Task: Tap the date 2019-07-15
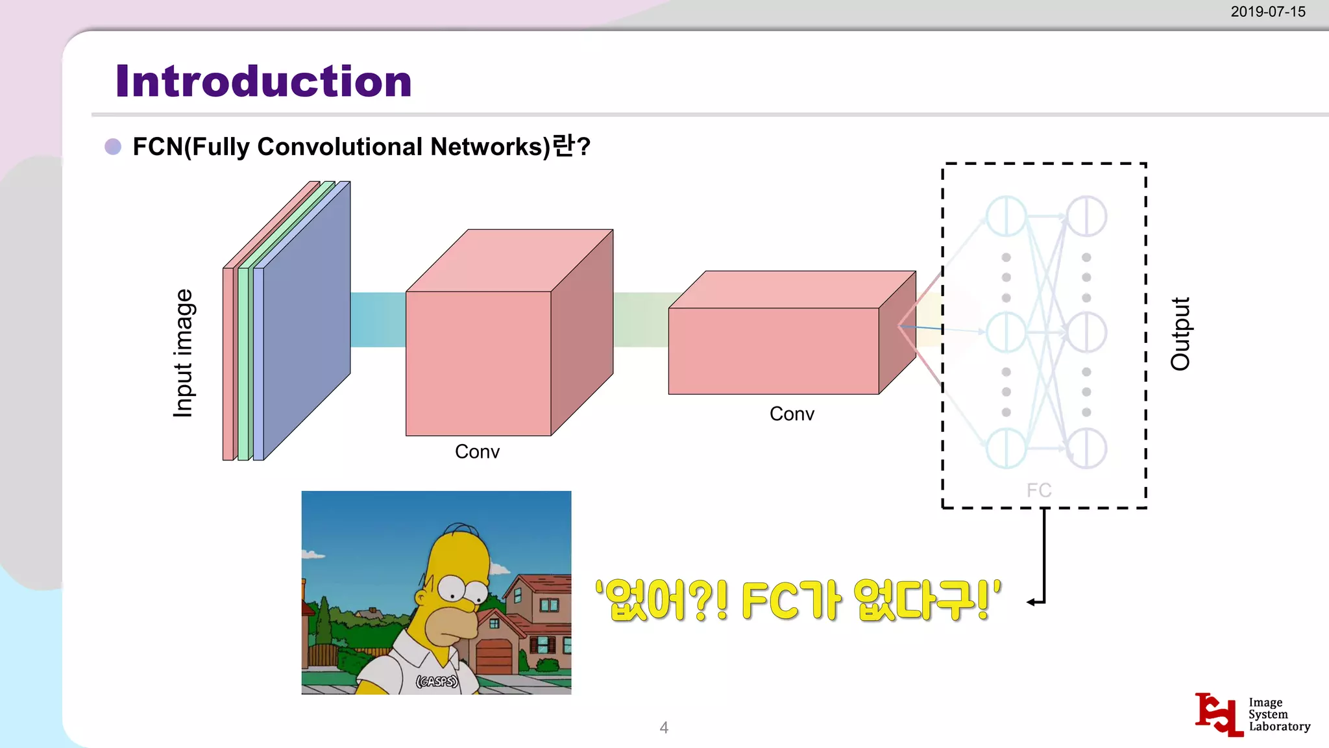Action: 1267,12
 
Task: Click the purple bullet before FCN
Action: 113,147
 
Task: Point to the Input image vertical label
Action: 184,353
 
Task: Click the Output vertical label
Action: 1180,334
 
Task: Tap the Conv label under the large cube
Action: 477,451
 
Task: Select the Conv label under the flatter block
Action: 792,414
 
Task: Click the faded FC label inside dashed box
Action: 1038,490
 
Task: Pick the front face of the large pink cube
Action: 478,364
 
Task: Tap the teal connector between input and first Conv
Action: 378,319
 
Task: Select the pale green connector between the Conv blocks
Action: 640,319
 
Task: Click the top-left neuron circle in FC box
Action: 1006,216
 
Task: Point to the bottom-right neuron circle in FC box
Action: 1087,448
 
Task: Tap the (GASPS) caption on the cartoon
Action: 437,681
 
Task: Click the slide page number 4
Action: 664,727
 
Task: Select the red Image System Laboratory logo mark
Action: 1218,714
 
